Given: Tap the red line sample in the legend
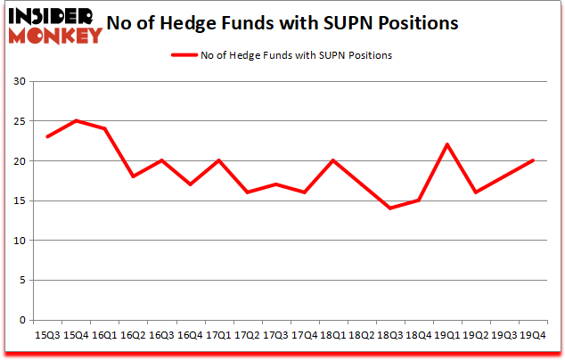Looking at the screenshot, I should (x=187, y=55).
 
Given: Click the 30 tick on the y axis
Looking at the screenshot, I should (x=20, y=82).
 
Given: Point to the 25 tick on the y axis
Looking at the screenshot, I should (x=20, y=121).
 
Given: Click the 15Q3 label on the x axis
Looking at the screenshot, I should (x=47, y=335).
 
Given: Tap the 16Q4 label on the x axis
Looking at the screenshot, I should (x=188, y=335).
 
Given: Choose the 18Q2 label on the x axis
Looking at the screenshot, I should (x=361, y=335).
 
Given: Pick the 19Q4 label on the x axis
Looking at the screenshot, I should (x=533, y=335).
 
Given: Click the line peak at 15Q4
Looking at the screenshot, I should (x=76, y=121).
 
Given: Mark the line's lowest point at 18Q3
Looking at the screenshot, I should (x=389, y=209).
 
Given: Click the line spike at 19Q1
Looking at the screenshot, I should (x=446, y=145).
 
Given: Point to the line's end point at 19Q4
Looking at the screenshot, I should (x=533, y=161).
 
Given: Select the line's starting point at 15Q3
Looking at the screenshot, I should (x=47, y=137).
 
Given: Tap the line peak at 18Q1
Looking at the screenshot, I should (x=332, y=161).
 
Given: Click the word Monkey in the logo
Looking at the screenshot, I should (x=54, y=37).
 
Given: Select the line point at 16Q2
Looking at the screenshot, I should (x=133, y=176).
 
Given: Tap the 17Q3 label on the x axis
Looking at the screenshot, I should (x=274, y=335).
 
